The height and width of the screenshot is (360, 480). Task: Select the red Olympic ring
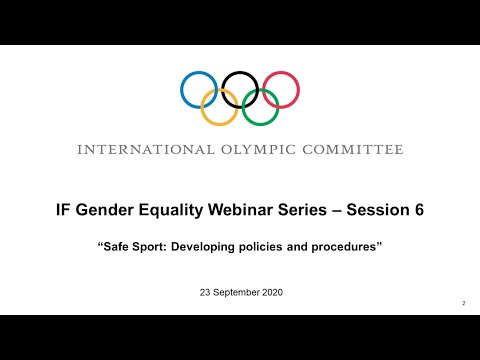(296, 89)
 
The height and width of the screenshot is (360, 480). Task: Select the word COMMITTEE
(347, 150)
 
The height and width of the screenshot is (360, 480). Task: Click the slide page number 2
(464, 302)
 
